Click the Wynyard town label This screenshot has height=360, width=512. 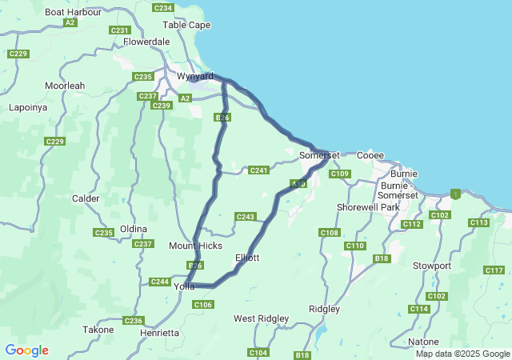click(x=194, y=76)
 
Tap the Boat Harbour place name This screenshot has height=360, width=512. click(x=74, y=12)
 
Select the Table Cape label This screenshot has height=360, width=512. click(x=186, y=25)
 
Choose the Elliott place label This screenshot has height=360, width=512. click(x=247, y=258)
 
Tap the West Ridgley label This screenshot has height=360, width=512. click(x=261, y=318)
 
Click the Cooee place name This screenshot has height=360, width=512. click(x=370, y=155)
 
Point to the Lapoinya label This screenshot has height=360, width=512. click(x=28, y=107)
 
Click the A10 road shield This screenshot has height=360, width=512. click(x=299, y=185)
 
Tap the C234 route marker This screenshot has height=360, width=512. click(x=162, y=7)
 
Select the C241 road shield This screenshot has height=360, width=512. click(x=258, y=170)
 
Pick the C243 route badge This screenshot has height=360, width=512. click(x=245, y=217)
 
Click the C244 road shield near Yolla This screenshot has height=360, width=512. click(x=160, y=282)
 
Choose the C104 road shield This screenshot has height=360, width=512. click(x=258, y=353)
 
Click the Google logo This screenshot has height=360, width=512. click(x=26, y=350)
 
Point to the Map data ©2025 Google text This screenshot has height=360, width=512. click(x=462, y=354)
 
